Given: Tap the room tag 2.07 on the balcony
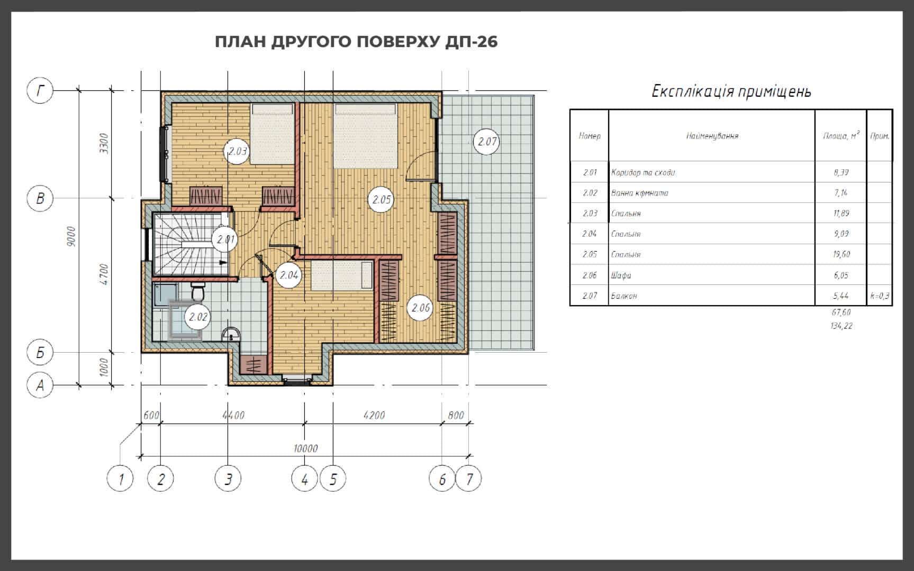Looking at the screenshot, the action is click(x=487, y=141).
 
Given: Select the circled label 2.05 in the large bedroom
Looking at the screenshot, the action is click(x=381, y=199).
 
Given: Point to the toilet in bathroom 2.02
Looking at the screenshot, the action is click(x=198, y=290).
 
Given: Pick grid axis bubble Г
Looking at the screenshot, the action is click(x=40, y=91).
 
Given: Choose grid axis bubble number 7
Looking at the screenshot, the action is click(x=469, y=479).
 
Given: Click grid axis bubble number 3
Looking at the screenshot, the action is click(x=228, y=479).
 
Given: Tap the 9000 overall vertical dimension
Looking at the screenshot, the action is click(x=73, y=236).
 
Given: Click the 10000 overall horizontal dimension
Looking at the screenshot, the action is click(x=305, y=449).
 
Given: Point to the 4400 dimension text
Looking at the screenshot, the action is click(x=233, y=416).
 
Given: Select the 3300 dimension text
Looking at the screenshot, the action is click(x=104, y=143).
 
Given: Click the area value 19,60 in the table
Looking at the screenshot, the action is click(x=841, y=254).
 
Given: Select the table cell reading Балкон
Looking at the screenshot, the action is click(x=624, y=296).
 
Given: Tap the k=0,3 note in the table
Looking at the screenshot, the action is click(x=880, y=296).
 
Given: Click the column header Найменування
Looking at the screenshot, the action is click(x=712, y=136).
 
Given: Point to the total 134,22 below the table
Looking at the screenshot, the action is click(x=841, y=326).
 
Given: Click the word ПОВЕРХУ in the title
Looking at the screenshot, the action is click(x=396, y=42).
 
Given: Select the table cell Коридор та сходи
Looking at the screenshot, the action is click(x=643, y=172).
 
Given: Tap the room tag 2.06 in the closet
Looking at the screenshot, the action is click(x=421, y=307).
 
